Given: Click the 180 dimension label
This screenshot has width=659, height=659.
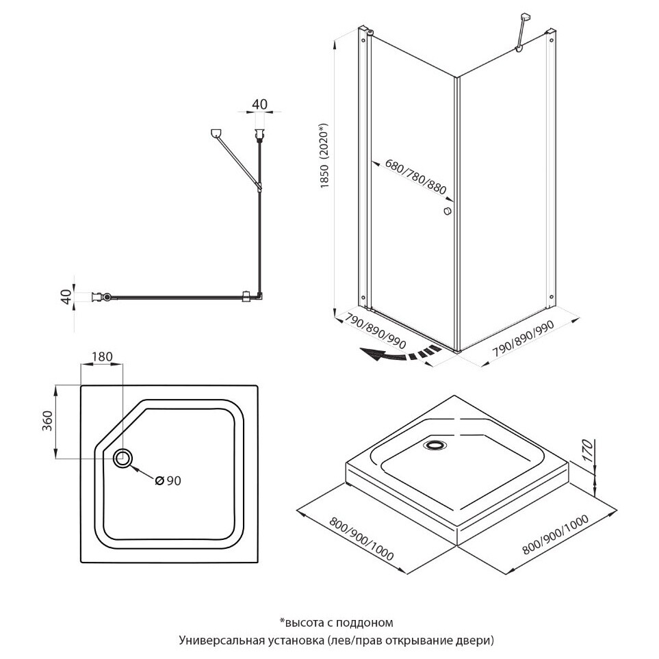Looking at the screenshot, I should (101, 357).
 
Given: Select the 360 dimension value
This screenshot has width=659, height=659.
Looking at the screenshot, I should (47, 422).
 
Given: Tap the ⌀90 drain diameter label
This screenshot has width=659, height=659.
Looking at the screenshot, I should (168, 481).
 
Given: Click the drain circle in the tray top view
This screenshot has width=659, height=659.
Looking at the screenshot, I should (124, 457).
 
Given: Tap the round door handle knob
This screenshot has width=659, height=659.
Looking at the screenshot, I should (448, 212).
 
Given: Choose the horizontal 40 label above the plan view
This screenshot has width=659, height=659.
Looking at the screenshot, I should (259, 104).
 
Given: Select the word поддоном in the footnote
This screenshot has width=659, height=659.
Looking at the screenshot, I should (369, 622).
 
